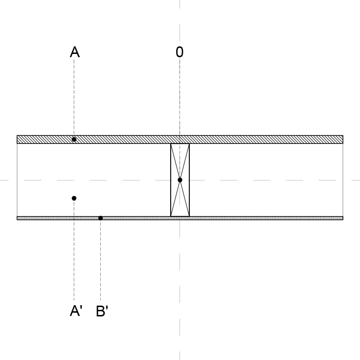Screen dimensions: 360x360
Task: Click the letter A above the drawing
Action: tap(75, 52)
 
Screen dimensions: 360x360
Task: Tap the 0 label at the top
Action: tap(180, 52)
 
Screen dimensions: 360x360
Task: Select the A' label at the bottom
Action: tap(76, 311)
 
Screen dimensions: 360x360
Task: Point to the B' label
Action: tap(102, 311)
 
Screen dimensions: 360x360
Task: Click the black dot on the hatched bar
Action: tap(74, 139)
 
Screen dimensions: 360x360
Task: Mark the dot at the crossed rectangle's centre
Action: tap(180, 180)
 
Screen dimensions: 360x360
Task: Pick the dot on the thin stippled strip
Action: tap(101, 218)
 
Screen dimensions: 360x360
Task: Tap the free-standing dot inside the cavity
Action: tap(74, 198)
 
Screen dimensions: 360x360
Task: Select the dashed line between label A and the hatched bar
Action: tap(74, 97)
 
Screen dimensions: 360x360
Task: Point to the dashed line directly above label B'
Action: tap(101, 260)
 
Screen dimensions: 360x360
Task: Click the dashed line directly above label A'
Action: tap(74, 250)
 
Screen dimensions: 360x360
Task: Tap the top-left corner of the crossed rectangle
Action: tap(171, 144)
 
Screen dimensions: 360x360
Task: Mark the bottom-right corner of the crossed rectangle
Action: tap(189, 216)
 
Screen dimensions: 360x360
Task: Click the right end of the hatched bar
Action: tap(343, 139)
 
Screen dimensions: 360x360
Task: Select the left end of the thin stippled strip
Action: tap(17, 218)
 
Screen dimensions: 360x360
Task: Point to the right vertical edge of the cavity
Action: tap(343, 180)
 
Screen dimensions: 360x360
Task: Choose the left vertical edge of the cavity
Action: tap(17, 180)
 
